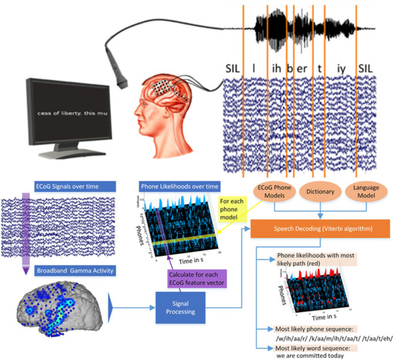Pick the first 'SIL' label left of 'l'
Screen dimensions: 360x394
tap(232, 68)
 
